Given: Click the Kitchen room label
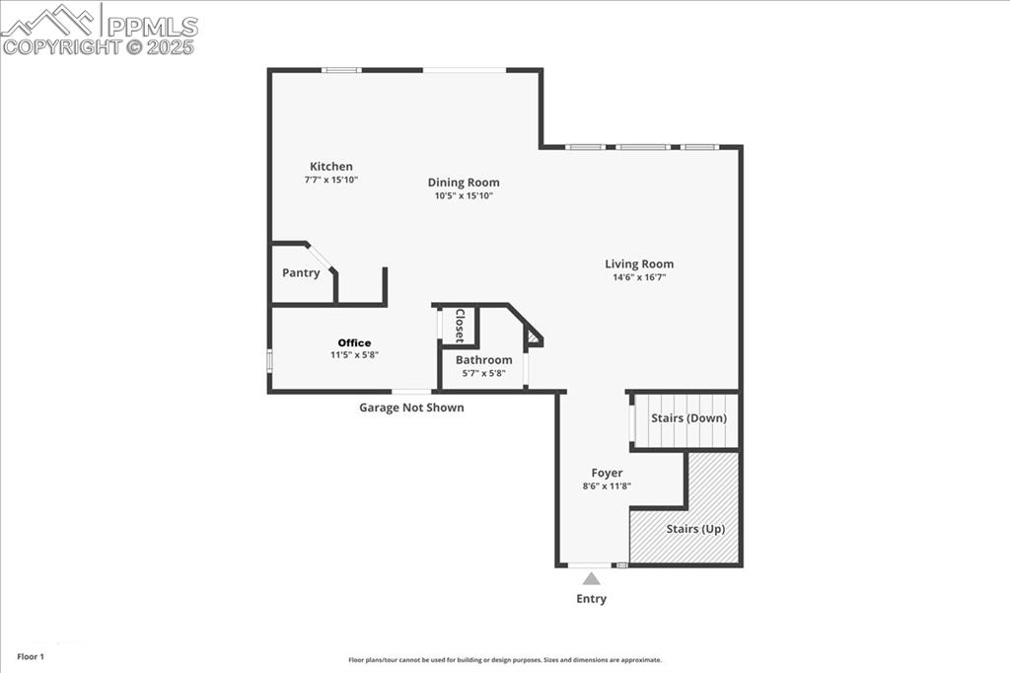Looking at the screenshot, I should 330,167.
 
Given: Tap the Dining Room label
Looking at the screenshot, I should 464,183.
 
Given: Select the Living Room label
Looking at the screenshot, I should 639,263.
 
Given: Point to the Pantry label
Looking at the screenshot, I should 301,273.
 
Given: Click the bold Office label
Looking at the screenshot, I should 354,342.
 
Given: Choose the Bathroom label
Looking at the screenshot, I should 483,360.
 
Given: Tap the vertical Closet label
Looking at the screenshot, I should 459,326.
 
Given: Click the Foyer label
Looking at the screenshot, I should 607,473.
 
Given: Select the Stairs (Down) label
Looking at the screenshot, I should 688,418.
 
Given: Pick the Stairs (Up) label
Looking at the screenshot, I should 695,529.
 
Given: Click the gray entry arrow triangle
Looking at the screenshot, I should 591,579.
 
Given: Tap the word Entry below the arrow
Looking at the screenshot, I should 591,599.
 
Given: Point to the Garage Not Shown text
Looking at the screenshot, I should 411,408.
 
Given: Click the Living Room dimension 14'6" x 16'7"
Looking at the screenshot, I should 639,277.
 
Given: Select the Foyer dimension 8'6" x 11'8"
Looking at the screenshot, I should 607,486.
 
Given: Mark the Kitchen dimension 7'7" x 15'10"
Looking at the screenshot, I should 330,180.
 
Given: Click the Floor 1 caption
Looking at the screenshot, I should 31,656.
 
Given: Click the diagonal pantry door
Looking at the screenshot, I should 322,257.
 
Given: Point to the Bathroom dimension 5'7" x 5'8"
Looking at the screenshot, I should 483,373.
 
